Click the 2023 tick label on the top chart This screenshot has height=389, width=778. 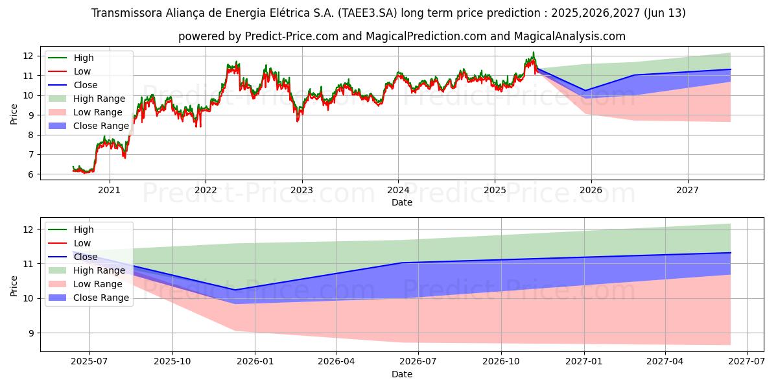[x=301, y=191]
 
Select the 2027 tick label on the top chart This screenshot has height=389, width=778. [x=687, y=191]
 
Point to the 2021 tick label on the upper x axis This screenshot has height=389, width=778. [x=109, y=191]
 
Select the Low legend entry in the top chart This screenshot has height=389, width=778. [x=82, y=71]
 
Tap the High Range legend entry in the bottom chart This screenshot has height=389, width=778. [x=99, y=270]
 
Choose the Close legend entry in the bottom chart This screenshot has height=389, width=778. [x=86, y=257]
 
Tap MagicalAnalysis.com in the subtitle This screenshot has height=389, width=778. [x=561, y=36]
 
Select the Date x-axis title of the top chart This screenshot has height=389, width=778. [x=401, y=202]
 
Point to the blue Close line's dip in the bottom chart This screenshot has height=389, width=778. [x=235, y=290]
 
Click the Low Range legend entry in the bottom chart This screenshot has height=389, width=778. [x=98, y=284]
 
